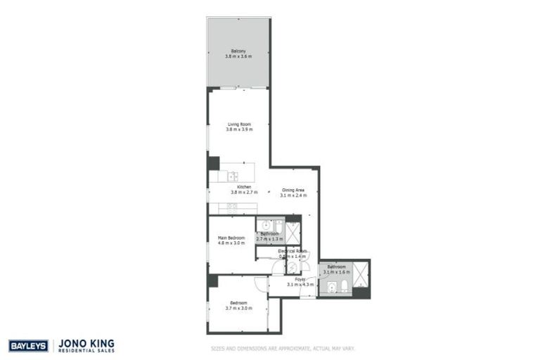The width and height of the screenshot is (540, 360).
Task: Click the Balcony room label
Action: click(238, 51)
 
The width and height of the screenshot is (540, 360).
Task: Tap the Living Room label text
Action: click(238, 124)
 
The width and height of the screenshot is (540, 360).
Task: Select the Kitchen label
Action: click(244, 187)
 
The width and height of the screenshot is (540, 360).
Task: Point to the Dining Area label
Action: click(293, 190)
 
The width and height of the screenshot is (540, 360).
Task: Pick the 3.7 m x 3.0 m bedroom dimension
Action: click(238, 308)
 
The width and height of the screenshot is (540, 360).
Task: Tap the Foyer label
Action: click(300, 279)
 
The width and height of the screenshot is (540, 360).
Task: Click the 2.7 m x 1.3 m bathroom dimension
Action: click(269, 239)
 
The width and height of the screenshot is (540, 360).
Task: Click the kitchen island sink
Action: click(232, 176)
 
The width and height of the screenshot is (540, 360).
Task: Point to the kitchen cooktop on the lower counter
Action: click(231, 206)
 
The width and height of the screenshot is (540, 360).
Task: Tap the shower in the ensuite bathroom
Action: click(292, 233)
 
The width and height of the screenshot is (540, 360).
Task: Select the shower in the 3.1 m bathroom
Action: click(361, 274)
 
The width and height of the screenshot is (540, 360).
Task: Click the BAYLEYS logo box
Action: click(27, 345)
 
